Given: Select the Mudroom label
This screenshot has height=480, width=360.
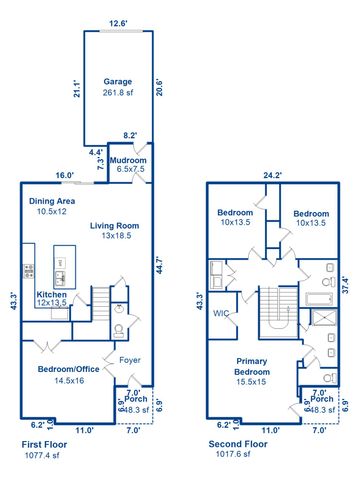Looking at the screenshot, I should (x=129, y=160).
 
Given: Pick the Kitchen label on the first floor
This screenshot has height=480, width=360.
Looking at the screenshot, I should (x=52, y=296).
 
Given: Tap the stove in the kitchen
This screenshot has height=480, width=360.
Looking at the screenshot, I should (x=27, y=271).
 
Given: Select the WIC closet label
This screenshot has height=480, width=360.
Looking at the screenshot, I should (x=220, y=313).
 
